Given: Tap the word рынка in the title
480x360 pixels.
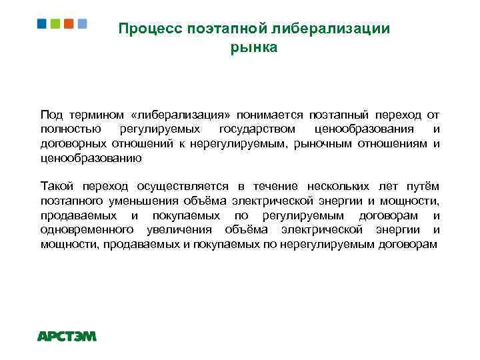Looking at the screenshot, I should [x=253, y=47].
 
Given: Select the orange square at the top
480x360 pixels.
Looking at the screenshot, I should [x=69, y=24].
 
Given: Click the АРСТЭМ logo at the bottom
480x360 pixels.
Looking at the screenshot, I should [x=67, y=336].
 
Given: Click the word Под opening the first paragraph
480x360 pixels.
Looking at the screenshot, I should [x=51, y=115].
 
